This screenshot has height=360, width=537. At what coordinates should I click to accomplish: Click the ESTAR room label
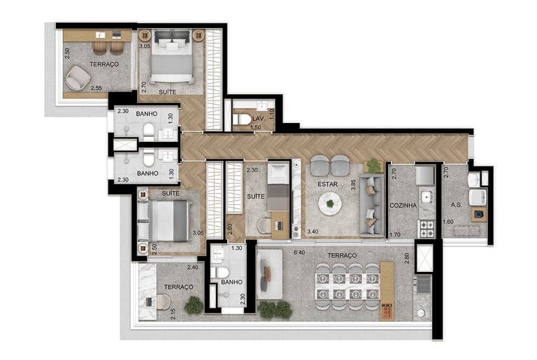[x=327, y=185]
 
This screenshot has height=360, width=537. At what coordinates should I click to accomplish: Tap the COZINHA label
[x=403, y=206]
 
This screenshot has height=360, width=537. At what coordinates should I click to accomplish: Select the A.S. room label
[x=456, y=205]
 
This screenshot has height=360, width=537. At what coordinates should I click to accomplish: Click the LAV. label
[x=258, y=119]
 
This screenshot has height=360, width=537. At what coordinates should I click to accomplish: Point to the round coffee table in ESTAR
[x=330, y=204]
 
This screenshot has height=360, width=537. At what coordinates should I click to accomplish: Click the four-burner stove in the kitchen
[x=427, y=229]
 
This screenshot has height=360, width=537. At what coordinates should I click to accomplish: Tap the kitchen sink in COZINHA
[x=427, y=196]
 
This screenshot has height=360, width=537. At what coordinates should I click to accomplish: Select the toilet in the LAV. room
[x=242, y=120]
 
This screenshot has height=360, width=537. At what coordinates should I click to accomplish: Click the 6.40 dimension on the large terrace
[x=299, y=253]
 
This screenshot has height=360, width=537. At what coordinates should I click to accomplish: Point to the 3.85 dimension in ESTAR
[x=353, y=185]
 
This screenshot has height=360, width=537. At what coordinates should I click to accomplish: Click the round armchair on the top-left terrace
[x=78, y=78]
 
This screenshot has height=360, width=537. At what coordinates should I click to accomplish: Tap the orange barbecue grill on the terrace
[x=387, y=311]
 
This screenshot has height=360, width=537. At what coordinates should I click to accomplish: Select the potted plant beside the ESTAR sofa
[x=373, y=166]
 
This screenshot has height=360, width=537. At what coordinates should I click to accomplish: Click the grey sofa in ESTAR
[x=371, y=206]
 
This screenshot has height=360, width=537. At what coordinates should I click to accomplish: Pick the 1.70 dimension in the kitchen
[x=395, y=235]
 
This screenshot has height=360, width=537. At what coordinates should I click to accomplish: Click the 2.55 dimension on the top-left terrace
[x=96, y=88]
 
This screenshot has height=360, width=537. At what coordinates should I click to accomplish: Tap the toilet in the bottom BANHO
[x=220, y=273]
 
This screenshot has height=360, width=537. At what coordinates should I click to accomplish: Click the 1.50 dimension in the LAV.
[x=255, y=127]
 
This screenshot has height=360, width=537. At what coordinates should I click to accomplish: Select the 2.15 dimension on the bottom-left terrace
[x=173, y=315]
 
